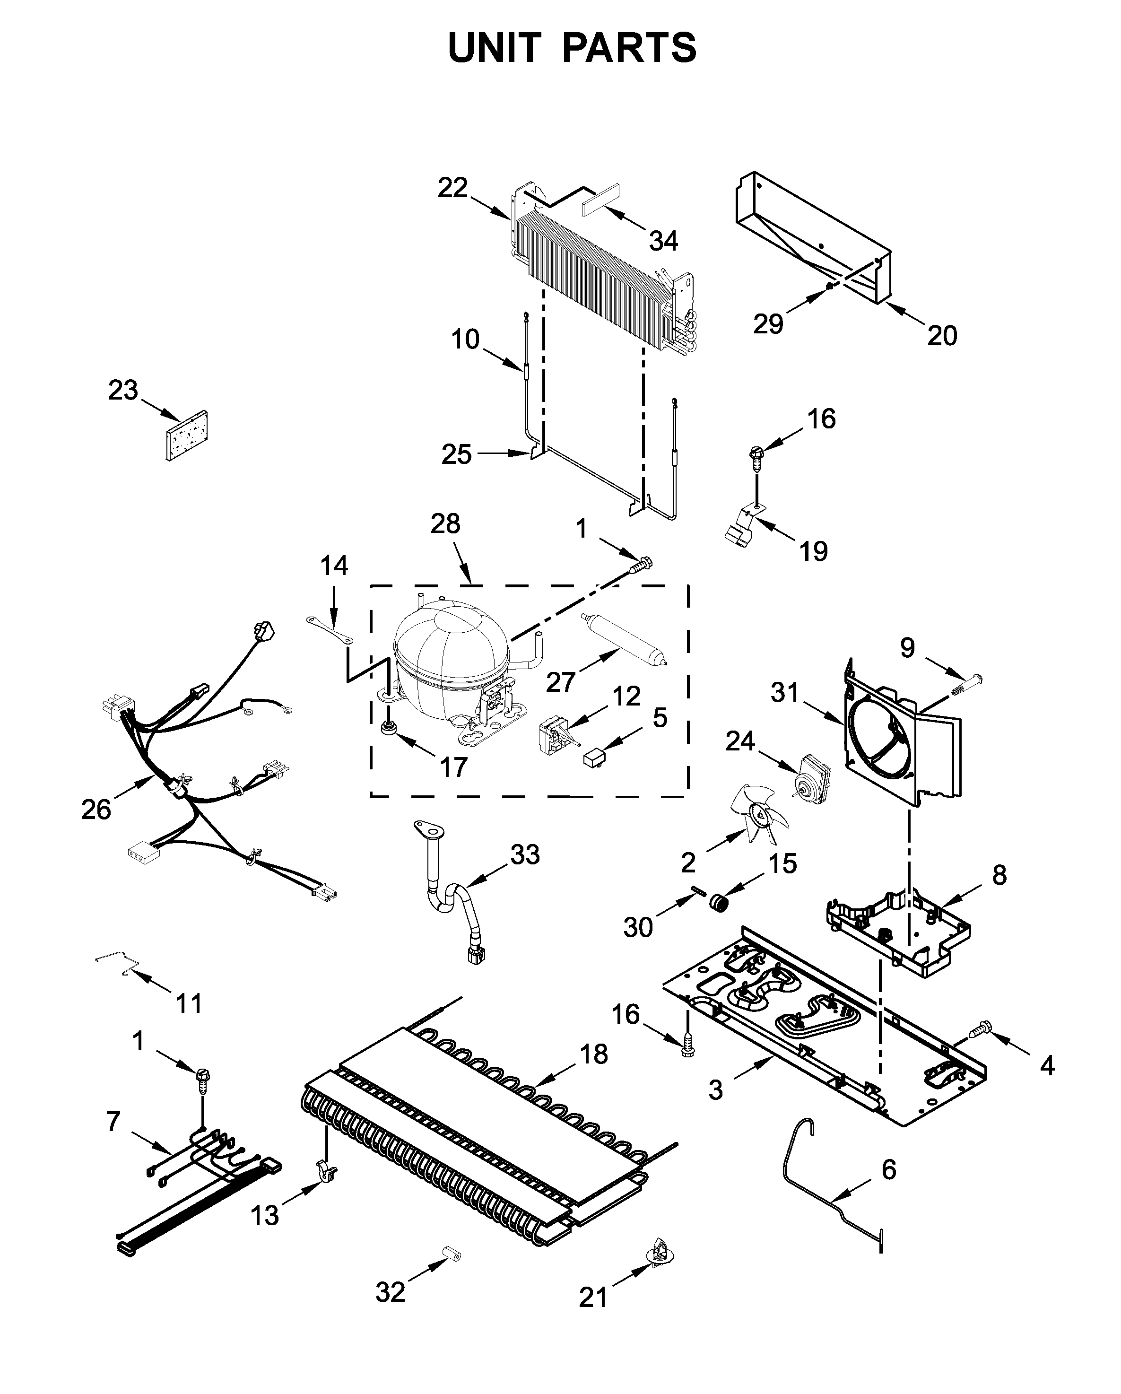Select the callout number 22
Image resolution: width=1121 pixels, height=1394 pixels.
click(x=452, y=188)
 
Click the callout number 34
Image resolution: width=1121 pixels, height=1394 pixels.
click(x=663, y=241)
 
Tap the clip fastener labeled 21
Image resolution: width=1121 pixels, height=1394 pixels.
click(x=660, y=1252)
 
